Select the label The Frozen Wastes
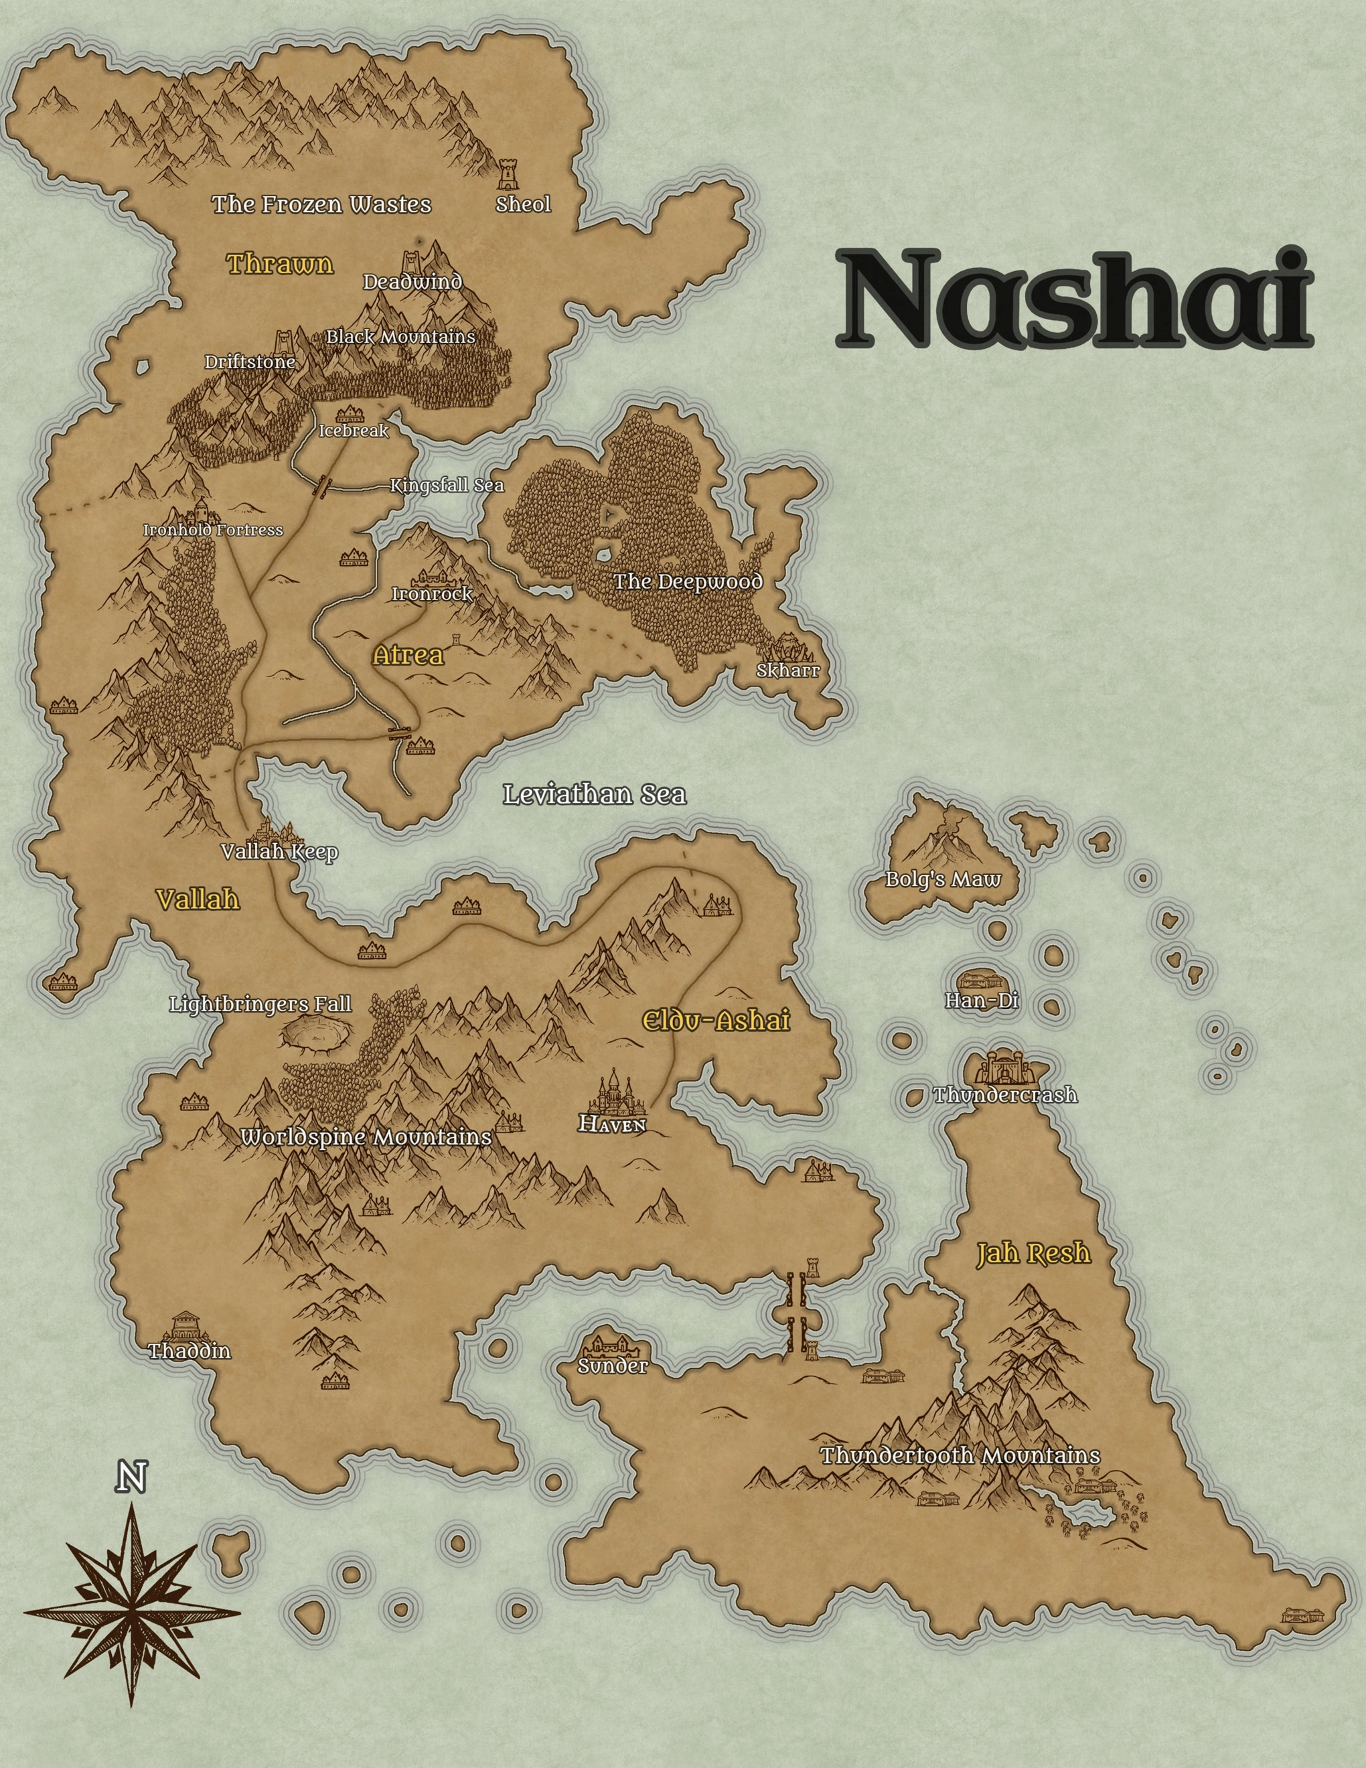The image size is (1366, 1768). [321, 204]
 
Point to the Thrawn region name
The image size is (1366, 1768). [280, 264]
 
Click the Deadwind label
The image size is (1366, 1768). [412, 282]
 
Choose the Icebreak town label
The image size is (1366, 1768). [354, 431]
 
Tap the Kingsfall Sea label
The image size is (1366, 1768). [447, 486]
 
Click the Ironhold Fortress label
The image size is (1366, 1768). [213, 530]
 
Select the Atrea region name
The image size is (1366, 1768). [408, 655]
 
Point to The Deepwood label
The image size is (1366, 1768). [688, 581]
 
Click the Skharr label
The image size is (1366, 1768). [787, 670]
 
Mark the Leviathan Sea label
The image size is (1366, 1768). [595, 794]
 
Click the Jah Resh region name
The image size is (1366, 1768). [1033, 1254]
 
